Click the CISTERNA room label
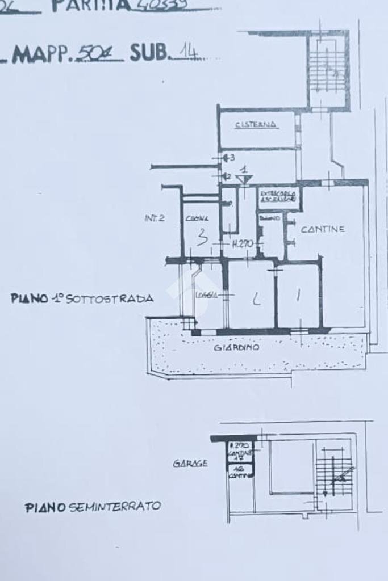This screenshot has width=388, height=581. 257,124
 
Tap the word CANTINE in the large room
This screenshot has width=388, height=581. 323,229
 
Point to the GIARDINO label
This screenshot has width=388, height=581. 236,347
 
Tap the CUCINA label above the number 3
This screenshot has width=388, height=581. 197,218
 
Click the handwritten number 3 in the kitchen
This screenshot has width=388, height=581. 201,238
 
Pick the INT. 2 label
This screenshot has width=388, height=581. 155,218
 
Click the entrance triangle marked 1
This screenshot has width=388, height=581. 244,178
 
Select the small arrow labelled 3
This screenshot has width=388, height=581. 228,157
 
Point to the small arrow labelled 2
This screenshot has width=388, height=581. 226,176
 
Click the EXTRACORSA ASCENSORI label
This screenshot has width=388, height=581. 277,196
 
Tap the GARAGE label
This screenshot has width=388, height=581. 190,464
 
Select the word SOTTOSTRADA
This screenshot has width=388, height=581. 110,298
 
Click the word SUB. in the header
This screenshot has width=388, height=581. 149,53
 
